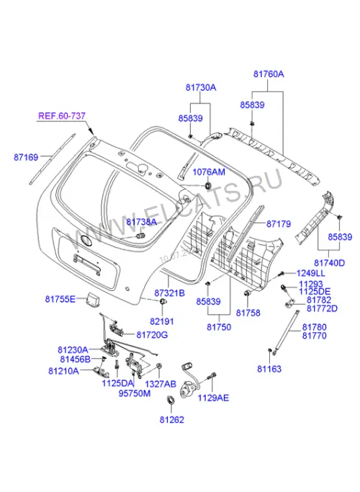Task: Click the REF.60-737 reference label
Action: [x=62, y=116]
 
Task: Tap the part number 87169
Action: [x=26, y=157]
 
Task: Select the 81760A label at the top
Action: [x=269, y=74]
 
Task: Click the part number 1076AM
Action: [x=209, y=172]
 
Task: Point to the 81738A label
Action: [x=141, y=222]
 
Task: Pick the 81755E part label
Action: [x=60, y=299]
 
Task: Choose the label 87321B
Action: [x=170, y=293]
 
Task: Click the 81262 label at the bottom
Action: [x=172, y=419]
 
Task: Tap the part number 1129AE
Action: [x=213, y=398]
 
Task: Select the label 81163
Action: [x=269, y=369]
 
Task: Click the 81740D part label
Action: [x=329, y=263]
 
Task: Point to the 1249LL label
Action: [x=311, y=273]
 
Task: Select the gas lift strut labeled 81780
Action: [x=286, y=332]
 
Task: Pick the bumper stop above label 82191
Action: [x=163, y=302]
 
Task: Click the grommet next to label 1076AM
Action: [x=207, y=185]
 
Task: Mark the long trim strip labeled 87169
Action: [x=53, y=158]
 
